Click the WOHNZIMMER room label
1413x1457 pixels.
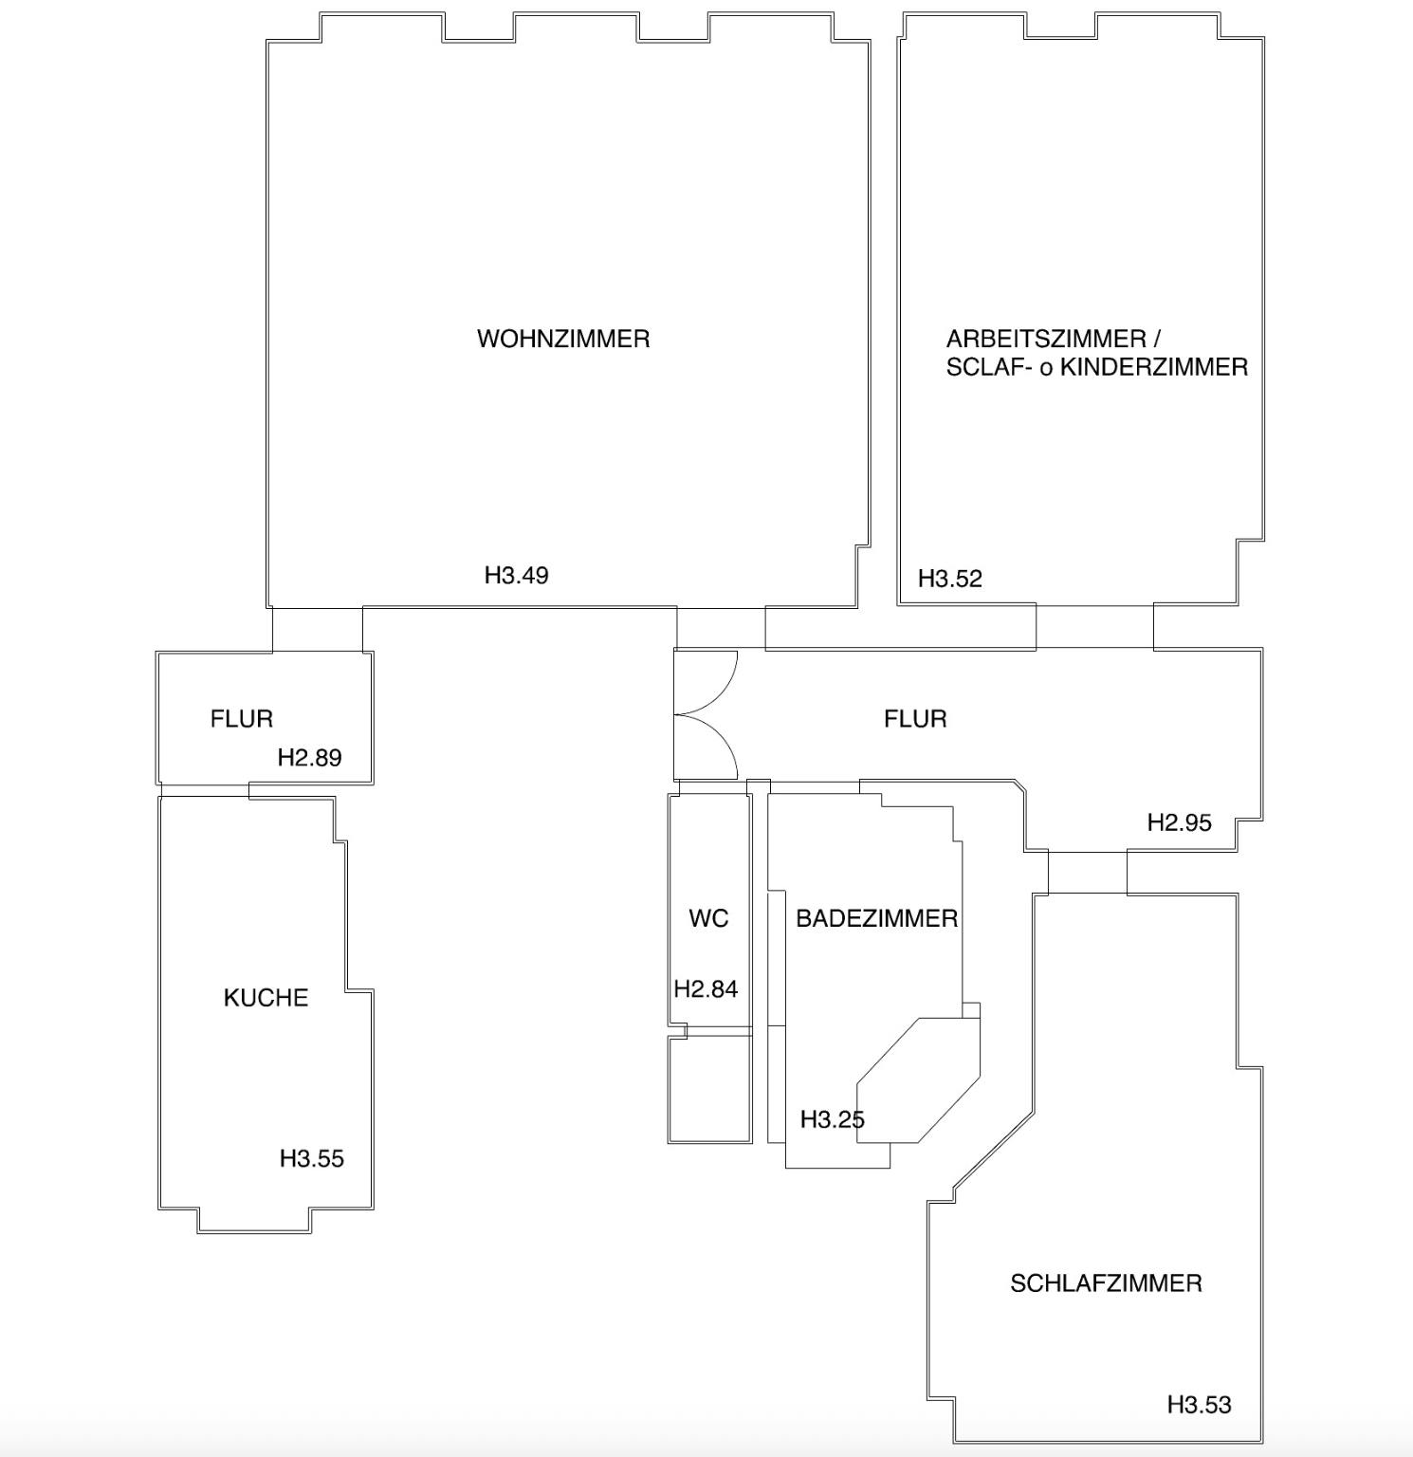[x=563, y=339]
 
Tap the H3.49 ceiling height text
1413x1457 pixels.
[x=517, y=575]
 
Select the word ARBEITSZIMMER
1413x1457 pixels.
[x=1046, y=339]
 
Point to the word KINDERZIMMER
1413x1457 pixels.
[x=1153, y=367]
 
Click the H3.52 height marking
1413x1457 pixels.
[x=950, y=579]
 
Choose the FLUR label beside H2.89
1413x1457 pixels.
[x=242, y=719]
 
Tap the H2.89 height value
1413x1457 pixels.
[x=309, y=757]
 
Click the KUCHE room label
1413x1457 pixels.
[x=266, y=998]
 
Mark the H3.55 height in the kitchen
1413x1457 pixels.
[x=312, y=1158]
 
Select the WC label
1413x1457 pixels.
[x=708, y=918]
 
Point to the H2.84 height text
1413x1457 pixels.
[x=706, y=988]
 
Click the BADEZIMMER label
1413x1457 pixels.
[x=876, y=918]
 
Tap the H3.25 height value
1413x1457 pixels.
[x=833, y=1119]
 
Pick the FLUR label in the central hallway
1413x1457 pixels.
[x=915, y=719]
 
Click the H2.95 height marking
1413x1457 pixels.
[x=1180, y=822]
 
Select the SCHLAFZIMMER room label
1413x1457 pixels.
[x=1106, y=1283]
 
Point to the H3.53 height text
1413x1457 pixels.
[x=1200, y=1405]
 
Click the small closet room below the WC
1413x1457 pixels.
[x=710, y=1089]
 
